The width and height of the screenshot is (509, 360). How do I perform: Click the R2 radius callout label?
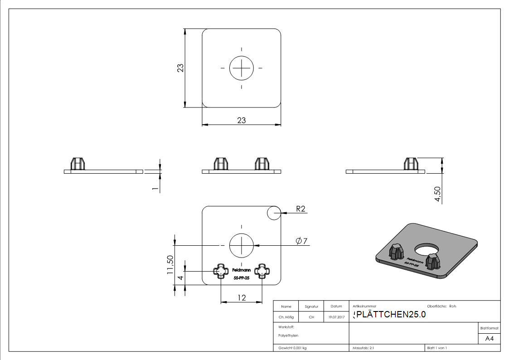[301, 209]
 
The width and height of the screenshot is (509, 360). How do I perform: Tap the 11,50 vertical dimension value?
[170, 264]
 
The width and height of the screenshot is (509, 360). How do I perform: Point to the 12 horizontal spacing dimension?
[242, 297]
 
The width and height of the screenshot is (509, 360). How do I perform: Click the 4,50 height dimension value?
[438, 194]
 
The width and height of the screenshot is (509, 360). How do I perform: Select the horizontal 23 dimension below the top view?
[242, 120]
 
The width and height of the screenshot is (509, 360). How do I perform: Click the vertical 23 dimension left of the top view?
[180, 68]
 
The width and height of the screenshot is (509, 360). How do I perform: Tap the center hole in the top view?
[242, 68]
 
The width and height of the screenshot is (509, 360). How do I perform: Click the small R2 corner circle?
[274, 213]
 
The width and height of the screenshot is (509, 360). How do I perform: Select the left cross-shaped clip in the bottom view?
[221, 271]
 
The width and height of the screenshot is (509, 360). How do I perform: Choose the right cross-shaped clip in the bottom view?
[262, 271]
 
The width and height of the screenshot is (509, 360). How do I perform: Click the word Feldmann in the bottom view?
[241, 268]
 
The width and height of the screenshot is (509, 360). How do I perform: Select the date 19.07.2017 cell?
[336, 317]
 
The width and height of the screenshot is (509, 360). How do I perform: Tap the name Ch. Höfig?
[286, 317]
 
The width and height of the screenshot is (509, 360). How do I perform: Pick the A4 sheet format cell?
[490, 339]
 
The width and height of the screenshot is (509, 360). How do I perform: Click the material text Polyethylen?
[288, 336]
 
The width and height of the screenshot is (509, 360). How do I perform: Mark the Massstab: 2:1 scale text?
[363, 348]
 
